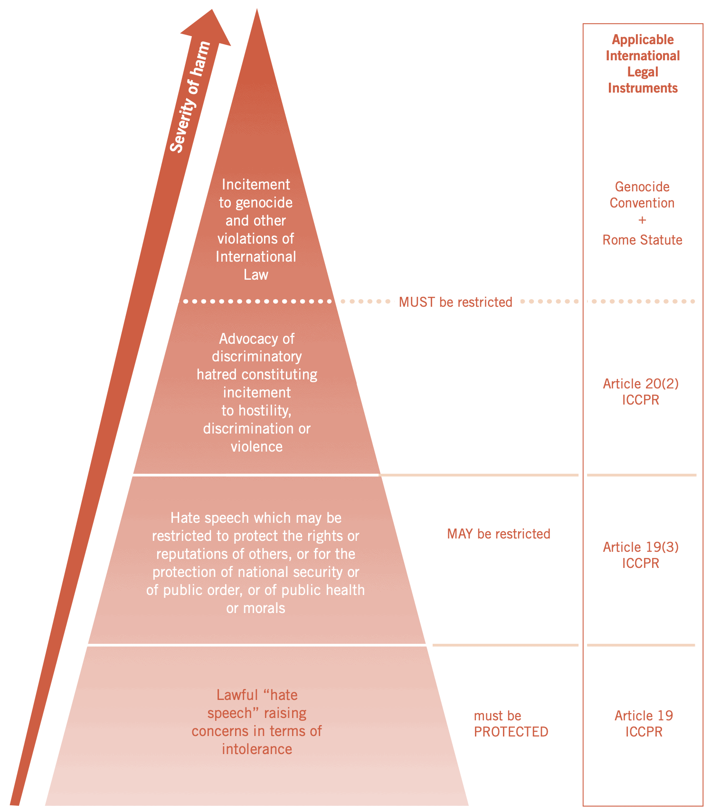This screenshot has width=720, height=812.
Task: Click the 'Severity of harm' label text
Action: tap(190, 97)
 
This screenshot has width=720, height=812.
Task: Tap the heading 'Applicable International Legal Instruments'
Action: tap(643, 64)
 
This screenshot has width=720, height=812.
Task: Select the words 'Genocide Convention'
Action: tap(642, 195)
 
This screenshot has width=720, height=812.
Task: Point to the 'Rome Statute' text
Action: tap(642, 240)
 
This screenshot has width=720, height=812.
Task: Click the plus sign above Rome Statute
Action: tap(642, 220)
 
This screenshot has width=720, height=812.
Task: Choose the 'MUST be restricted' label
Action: tap(455, 302)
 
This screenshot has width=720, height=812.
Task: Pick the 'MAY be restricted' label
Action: tap(498, 534)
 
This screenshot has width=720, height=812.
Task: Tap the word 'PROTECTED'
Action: tap(511, 732)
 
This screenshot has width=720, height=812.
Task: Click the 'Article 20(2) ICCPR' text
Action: tap(641, 391)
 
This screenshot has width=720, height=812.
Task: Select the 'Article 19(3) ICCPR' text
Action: tap(641, 555)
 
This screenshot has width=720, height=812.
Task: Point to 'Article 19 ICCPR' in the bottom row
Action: tap(644, 723)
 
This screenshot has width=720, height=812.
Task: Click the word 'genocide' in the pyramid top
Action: tap(264, 203)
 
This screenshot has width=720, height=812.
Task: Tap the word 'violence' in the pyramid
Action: tap(256, 446)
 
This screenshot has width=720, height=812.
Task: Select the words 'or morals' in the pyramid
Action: tap(256, 608)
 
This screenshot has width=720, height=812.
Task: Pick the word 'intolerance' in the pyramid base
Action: tap(256, 749)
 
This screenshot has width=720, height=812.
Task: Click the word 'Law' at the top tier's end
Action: tap(256, 274)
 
